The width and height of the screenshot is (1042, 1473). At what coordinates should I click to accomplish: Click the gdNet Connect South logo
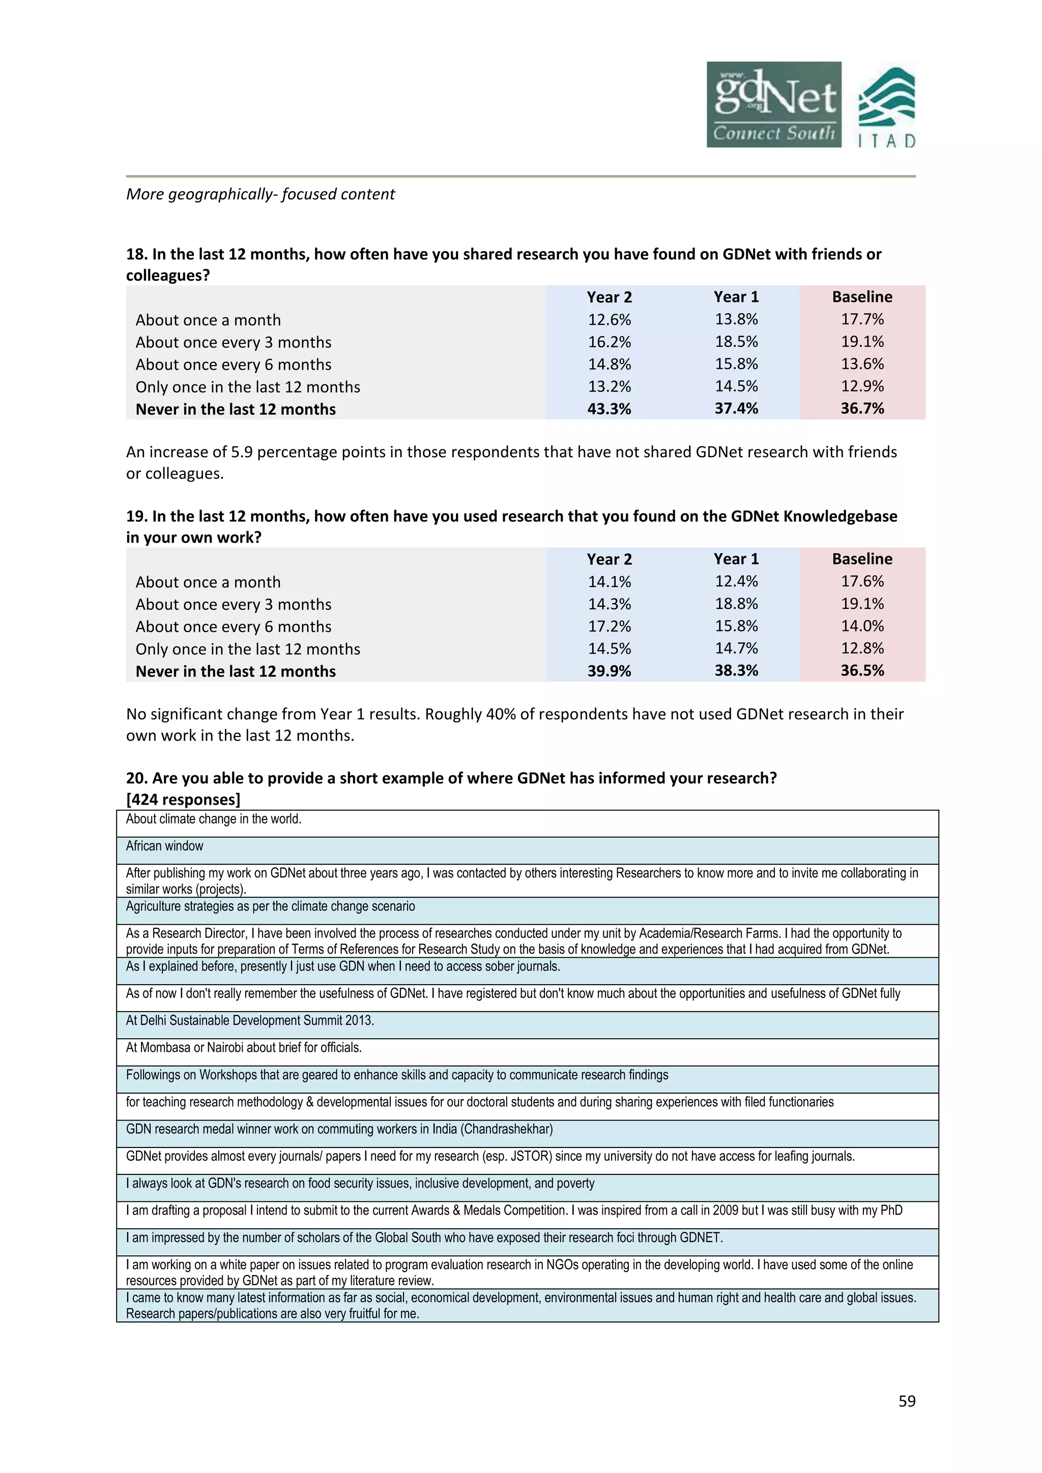pyautogui.click(x=773, y=105)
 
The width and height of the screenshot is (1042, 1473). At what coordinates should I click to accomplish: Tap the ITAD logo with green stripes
pyautogui.click(x=887, y=107)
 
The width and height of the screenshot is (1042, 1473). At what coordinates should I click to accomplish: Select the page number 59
pyautogui.click(x=907, y=1401)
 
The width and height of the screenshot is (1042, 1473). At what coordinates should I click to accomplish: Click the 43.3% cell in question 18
pyautogui.click(x=609, y=408)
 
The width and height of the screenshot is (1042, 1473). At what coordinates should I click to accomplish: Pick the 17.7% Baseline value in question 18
pyautogui.click(x=862, y=319)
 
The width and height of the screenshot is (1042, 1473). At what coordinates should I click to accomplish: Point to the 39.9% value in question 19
pyautogui.click(x=609, y=671)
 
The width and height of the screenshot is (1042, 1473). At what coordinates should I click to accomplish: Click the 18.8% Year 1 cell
pyautogui.click(x=736, y=604)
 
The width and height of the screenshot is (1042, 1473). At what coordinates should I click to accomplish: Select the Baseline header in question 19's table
pyautogui.click(x=862, y=559)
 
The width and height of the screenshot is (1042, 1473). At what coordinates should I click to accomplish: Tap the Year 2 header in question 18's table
pyautogui.click(x=609, y=297)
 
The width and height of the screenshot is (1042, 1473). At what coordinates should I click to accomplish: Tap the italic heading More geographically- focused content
pyautogui.click(x=260, y=194)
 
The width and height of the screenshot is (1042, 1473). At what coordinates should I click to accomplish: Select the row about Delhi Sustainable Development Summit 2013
pyautogui.click(x=250, y=1020)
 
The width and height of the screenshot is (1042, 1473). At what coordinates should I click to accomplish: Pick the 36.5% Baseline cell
pyautogui.click(x=862, y=671)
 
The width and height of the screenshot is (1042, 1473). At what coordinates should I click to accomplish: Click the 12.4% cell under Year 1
pyautogui.click(x=736, y=582)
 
